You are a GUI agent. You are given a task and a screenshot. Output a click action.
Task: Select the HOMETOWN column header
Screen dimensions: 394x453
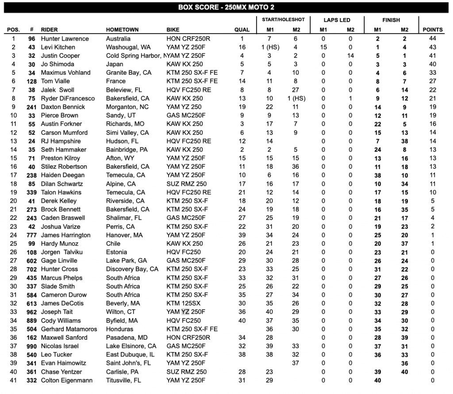(x=122, y=30)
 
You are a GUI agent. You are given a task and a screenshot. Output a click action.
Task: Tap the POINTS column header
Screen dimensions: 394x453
(x=432, y=30)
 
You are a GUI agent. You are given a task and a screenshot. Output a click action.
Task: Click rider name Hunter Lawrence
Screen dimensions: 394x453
(x=65, y=38)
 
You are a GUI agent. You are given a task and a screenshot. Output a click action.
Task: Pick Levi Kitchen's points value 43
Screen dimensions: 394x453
(x=432, y=47)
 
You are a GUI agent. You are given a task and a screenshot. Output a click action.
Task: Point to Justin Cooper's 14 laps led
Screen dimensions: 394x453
(x=350, y=56)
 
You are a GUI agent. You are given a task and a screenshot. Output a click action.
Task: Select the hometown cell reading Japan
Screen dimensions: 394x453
(x=115, y=64)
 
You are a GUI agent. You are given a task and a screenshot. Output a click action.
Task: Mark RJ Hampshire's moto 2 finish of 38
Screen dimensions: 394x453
(x=404, y=141)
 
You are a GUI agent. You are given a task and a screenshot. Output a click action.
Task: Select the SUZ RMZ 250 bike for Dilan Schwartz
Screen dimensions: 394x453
(x=186, y=184)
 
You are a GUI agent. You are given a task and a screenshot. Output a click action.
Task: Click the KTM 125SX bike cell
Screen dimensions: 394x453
(x=184, y=303)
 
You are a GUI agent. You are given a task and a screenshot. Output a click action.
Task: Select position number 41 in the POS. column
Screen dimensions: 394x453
(x=13, y=380)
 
